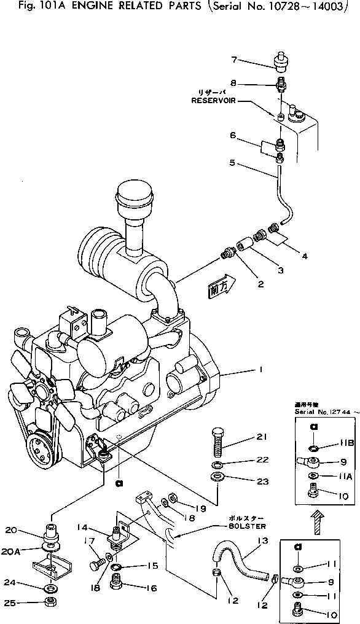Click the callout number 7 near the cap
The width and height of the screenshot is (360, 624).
(234, 60)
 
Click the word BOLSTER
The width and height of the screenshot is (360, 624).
(248, 527)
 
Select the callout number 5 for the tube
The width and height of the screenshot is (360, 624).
(232, 163)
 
